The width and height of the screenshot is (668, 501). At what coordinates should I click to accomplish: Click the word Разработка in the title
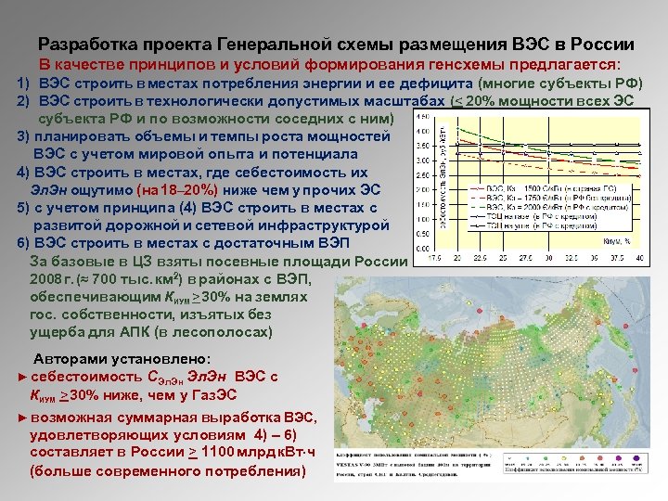tap(85, 45)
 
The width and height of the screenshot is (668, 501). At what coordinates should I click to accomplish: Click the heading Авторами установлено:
tap(122, 358)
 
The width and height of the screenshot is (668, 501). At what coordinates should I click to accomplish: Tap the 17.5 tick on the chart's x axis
tap(433, 257)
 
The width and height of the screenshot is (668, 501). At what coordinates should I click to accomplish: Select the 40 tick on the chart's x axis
tap(639, 257)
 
